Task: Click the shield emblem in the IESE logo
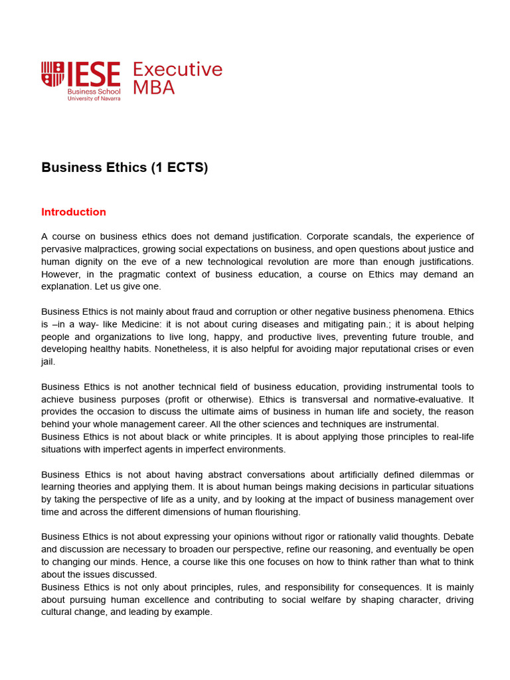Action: click(x=52, y=74)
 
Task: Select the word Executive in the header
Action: click(x=178, y=70)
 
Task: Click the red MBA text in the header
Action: click(x=154, y=88)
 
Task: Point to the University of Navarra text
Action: click(x=94, y=98)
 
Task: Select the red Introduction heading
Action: click(x=74, y=212)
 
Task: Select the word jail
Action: click(x=48, y=361)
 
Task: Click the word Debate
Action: click(x=458, y=537)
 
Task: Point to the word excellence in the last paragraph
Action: click(x=193, y=600)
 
